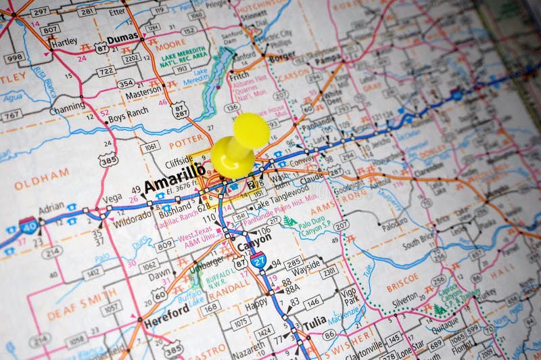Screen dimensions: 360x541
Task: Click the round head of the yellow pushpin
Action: pos(251,130)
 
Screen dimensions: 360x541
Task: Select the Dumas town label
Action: pos(122,39)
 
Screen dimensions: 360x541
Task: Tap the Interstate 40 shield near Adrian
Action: pos(28,225)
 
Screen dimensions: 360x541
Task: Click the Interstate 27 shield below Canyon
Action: pos(258,258)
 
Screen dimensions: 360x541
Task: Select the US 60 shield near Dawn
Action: pos(160,293)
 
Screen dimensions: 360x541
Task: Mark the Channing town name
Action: pos(68,107)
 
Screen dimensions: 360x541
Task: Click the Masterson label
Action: pos(144,95)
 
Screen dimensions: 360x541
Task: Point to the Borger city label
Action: pos(282,58)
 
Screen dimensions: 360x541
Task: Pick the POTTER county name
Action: pos(187,143)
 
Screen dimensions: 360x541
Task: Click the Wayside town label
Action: pos(307,263)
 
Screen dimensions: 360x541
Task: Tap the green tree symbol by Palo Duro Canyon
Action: pos(289,221)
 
